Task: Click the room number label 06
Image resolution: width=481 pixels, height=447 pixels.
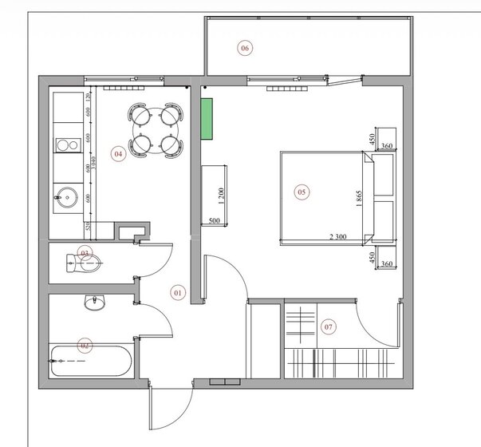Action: [245, 49]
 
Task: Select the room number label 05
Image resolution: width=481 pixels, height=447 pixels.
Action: [302, 192]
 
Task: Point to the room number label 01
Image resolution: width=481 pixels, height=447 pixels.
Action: [178, 293]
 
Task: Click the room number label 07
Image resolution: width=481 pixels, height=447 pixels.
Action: [328, 326]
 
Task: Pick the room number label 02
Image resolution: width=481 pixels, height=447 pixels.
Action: [83, 346]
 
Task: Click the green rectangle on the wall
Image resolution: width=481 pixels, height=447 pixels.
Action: [207, 119]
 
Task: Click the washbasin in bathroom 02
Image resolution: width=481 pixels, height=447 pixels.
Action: [95, 303]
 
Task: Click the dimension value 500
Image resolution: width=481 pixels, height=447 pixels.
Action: [214, 220]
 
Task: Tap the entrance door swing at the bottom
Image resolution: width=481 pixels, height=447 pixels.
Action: [170, 410]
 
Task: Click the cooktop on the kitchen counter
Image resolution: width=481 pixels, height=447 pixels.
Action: [65, 144]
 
